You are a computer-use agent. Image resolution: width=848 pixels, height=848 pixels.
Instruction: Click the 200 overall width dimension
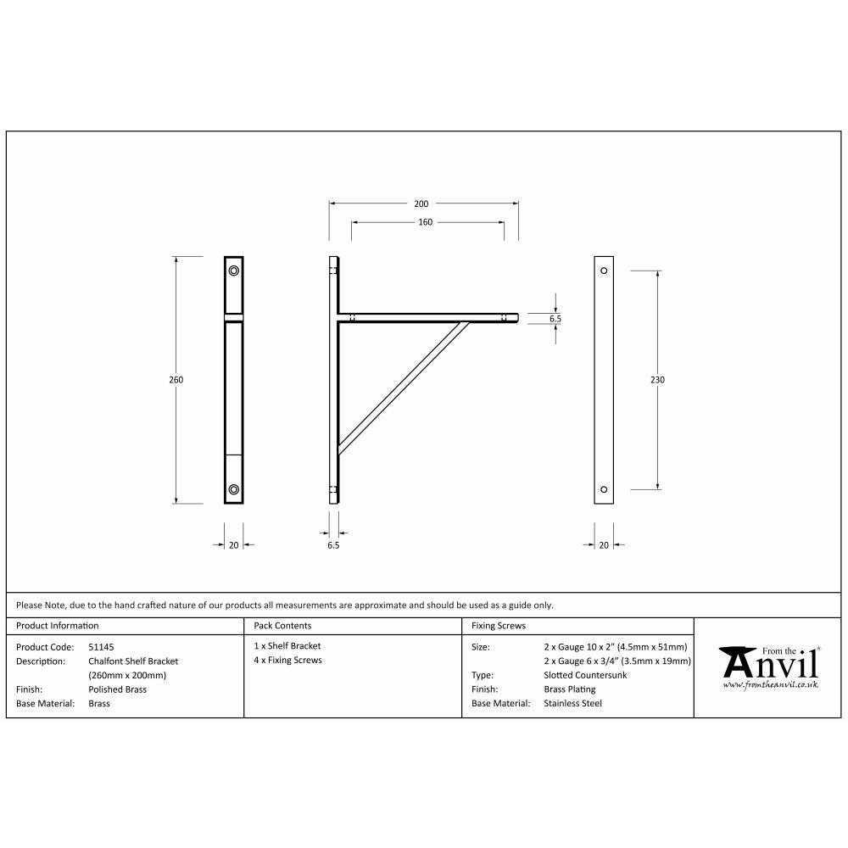point(421,204)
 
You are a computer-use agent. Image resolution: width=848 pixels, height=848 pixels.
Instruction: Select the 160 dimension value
point(425,222)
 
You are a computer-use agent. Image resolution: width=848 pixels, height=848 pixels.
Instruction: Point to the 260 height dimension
point(176,380)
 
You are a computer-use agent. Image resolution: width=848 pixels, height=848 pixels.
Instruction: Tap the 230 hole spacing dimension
point(657,380)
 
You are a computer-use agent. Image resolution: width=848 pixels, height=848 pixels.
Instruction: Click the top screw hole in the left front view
point(234,271)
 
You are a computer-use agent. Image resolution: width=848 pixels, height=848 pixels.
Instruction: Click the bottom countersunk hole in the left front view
point(234,489)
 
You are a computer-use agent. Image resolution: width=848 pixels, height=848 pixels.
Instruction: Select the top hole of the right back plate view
point(604,271)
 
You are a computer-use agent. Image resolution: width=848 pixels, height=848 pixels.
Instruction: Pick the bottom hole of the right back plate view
point(604,489)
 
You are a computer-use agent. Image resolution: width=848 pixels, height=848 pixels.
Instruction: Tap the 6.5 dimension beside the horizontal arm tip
point(555,318)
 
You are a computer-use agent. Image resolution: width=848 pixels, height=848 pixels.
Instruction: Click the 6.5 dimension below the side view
point(333,546)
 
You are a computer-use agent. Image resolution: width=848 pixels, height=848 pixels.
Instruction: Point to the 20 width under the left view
point(234,545)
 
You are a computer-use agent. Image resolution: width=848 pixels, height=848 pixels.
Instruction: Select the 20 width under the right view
point(604,545)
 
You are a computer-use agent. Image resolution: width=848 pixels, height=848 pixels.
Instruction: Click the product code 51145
point(101,646)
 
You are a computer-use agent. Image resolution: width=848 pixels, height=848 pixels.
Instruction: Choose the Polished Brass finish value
point(117,689)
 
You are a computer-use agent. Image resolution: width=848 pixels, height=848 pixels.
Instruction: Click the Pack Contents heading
point(282,626)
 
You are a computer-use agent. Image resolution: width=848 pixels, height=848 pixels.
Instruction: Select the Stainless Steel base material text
point(572,703)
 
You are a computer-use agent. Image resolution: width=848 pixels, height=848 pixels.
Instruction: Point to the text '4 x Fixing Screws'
point(288,660)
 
